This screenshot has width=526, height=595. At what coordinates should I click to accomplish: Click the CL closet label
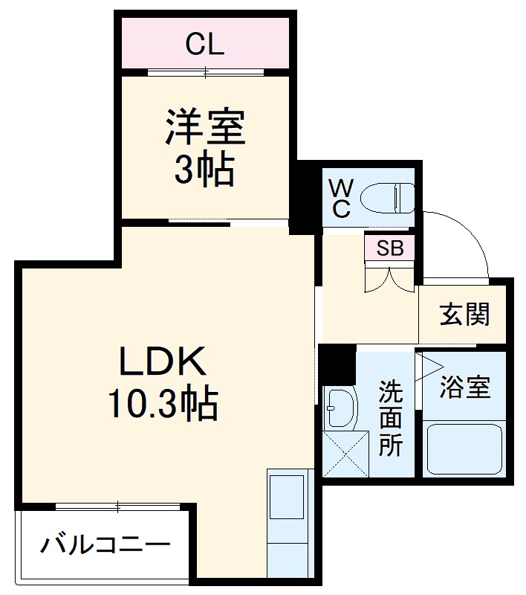(x=204, y=45)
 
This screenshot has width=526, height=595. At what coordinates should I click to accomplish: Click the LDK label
(x=163, y=364)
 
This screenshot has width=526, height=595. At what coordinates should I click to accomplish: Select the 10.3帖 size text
(x=163, y=405)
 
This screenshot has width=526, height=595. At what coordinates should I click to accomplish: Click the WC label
(x=340, y=196)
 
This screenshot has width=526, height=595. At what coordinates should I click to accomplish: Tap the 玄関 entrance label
(x=464, y=315)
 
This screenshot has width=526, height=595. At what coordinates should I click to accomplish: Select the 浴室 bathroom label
(x=465, y=387)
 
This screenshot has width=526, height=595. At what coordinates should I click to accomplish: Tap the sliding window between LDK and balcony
(x=119, y=507)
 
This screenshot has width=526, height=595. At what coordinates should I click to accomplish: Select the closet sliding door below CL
(x=206, y=72)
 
